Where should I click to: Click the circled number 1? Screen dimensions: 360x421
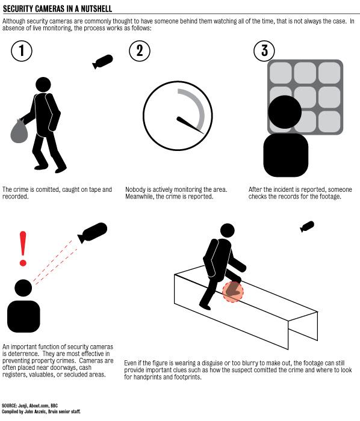[22, 51]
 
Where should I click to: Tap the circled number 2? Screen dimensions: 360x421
[140, 51]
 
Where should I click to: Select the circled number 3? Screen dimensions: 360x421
[264, 51]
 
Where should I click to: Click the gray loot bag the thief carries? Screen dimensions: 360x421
[19, 131]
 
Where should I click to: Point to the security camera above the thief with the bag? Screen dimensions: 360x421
[102, 61]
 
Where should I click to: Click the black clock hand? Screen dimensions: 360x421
[190, 125]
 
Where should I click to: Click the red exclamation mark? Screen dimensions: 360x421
[23, 248]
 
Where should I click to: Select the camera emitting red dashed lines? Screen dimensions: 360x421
[92, 233]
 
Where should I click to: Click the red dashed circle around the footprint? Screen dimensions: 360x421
[232, 292]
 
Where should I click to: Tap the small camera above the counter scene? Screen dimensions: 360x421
[307, 227]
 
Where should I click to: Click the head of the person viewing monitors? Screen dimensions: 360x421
[285, 112]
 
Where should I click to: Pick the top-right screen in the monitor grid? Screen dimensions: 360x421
[329, 73]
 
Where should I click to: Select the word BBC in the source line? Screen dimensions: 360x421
[54, 405]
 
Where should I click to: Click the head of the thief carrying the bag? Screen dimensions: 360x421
[43, 85]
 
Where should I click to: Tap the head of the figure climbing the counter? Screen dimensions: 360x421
[228, 231]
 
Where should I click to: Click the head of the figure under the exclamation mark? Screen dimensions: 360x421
[23, 288]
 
